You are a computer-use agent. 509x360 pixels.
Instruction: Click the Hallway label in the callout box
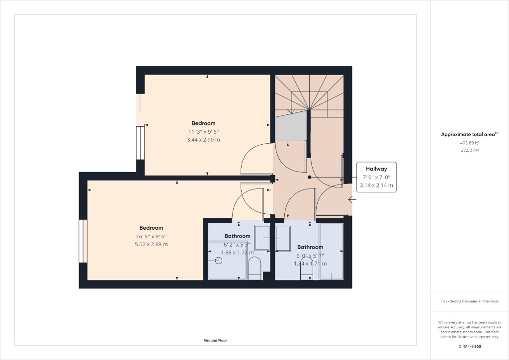coord(376,169)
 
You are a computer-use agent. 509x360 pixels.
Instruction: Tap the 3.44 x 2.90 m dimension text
coord(203,140)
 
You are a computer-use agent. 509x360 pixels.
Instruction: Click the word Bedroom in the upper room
coord(203,123)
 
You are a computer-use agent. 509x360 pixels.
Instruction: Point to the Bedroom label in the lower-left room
coord(151,228)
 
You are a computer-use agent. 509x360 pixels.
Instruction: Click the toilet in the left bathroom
coord(254,269)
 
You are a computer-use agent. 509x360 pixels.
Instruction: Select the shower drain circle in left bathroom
coord(218,260)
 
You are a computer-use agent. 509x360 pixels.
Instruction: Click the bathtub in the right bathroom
coord(331,252)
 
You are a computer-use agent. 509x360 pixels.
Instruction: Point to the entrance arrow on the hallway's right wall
coord(352,200)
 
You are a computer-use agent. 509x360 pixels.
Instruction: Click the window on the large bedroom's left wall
coord(83,241)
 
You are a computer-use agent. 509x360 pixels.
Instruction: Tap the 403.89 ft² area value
coord(469,143)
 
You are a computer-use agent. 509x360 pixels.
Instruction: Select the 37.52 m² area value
coord(469,150)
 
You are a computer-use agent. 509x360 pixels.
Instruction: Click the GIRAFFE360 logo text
coord(469,346)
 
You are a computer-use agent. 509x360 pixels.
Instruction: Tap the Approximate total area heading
coord(469,134)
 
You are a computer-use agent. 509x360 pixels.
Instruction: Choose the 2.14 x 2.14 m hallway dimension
coord(376,185)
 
